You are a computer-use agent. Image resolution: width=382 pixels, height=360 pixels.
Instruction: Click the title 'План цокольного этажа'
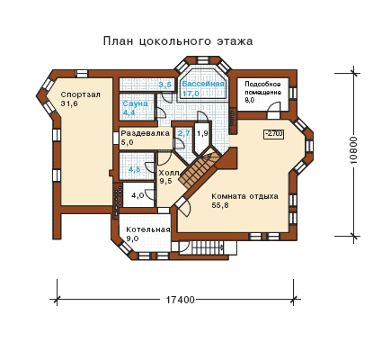(178, 41)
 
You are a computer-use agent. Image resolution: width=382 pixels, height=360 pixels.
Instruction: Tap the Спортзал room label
(81, 94)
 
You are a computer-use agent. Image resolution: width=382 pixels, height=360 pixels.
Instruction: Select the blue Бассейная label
(203, 84)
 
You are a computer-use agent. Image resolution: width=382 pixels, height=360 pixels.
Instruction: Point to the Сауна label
(136, 103)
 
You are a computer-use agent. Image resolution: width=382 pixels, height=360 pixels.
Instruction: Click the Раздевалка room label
(146, 133)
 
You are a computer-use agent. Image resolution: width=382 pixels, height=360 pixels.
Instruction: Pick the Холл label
(169, 173)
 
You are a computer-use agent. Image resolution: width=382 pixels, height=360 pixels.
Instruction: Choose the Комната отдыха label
(244, 196)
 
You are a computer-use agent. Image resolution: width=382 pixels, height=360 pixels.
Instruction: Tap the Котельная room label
(148, 229)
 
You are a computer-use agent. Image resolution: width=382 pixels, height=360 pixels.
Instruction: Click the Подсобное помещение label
(262, 88)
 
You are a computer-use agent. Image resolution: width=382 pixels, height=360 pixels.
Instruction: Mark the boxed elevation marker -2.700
(274, 134)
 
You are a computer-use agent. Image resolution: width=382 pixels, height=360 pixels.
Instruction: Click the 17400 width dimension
(181, 300)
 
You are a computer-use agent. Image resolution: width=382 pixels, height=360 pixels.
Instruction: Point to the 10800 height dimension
(354, 150)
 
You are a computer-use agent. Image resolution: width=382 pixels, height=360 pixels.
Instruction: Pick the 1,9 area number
(202, 133)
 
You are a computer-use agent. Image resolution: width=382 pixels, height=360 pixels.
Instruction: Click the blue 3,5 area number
(164, 85)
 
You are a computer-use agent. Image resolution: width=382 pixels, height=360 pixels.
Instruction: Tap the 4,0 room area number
(138, 195)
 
